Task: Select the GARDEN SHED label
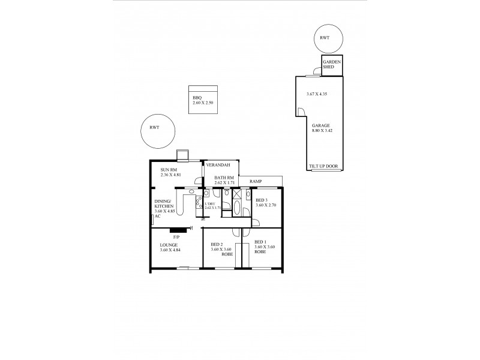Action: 332,65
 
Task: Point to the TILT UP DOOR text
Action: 323,166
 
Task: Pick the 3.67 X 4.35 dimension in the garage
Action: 316,94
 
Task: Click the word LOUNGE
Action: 169,245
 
